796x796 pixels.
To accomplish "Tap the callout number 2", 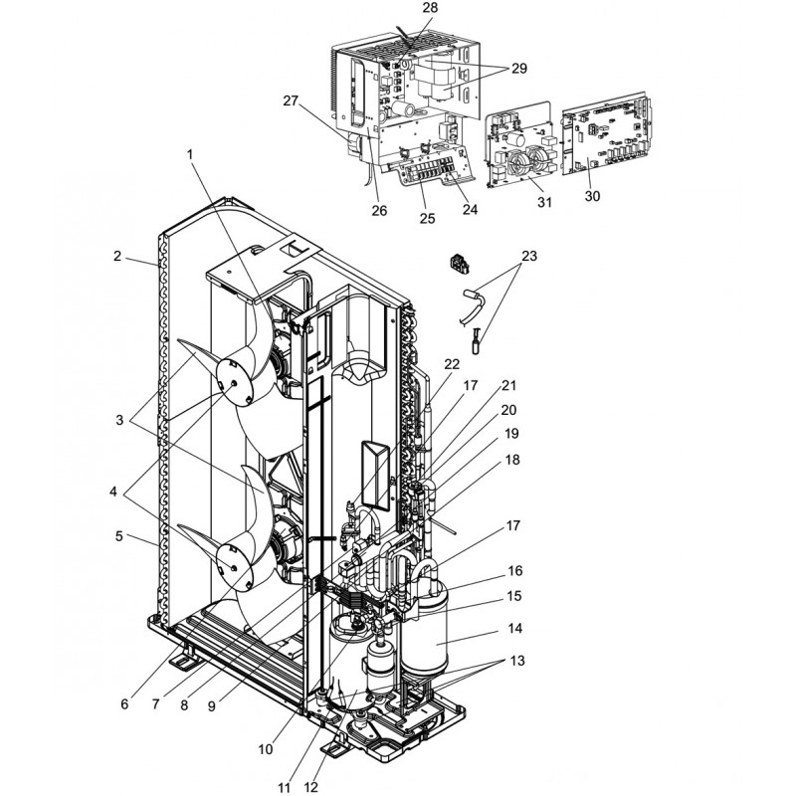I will (117, 256).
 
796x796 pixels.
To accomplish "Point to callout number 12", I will (310, 787).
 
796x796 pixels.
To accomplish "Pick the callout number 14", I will (514, 630).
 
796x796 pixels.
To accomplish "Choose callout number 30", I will (592, 196).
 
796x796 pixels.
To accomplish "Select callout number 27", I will (291, 100).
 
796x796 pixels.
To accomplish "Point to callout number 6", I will (124, 704).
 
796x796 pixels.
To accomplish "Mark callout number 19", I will (512, 434).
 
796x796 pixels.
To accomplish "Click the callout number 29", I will (518, 69).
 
